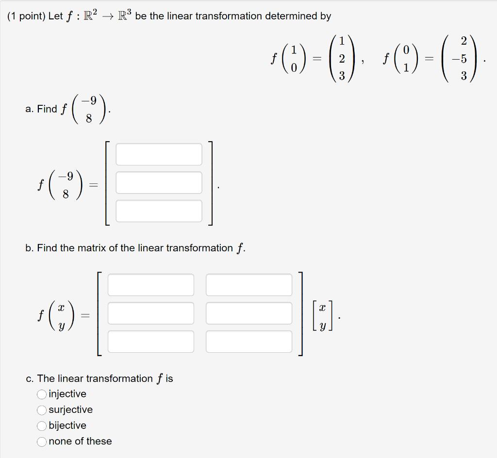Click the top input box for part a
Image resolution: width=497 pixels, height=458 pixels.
(159, 154)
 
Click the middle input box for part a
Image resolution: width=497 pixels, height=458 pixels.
(159, 182)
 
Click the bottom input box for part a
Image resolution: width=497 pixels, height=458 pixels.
(159, 211)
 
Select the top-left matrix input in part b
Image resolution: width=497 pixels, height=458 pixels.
(150, 285)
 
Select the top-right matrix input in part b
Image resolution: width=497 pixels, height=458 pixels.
(249, 285)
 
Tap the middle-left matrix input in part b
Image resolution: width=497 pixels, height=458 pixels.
(150, 313)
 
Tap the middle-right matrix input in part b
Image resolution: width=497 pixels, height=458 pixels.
(249, 313)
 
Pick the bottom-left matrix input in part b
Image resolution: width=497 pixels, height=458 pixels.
(150, 342)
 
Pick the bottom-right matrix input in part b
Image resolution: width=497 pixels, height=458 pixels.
(249, 342)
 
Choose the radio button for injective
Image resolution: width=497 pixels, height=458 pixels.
(42, 394)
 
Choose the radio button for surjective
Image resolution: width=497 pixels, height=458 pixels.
(42, 410)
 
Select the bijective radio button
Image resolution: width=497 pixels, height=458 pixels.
(42, 425)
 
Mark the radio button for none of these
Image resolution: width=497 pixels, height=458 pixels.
(42, 442)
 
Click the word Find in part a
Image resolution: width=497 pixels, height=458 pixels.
(47, 109)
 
